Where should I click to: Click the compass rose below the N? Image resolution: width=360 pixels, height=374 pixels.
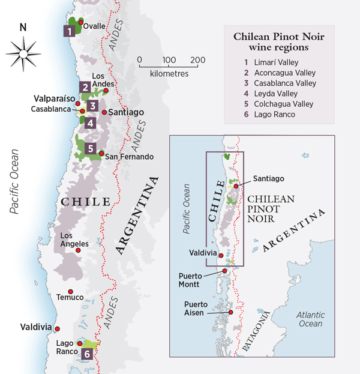click(x=23, y=53)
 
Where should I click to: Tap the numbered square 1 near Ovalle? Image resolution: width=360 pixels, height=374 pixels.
click(x=70, y=30)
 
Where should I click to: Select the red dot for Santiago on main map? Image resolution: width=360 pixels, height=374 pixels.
click(x=104, y=112)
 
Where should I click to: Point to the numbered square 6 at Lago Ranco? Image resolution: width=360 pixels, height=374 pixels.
click(x=88, y=354)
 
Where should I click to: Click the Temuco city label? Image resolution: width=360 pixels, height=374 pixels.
click(x=67, y=297)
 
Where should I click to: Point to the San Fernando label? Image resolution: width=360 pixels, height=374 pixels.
click(x=129, y=157)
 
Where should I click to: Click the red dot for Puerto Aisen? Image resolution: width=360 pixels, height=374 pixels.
click(x=230, y=312)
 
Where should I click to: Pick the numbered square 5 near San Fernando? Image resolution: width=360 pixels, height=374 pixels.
click(x=90, y=149)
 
